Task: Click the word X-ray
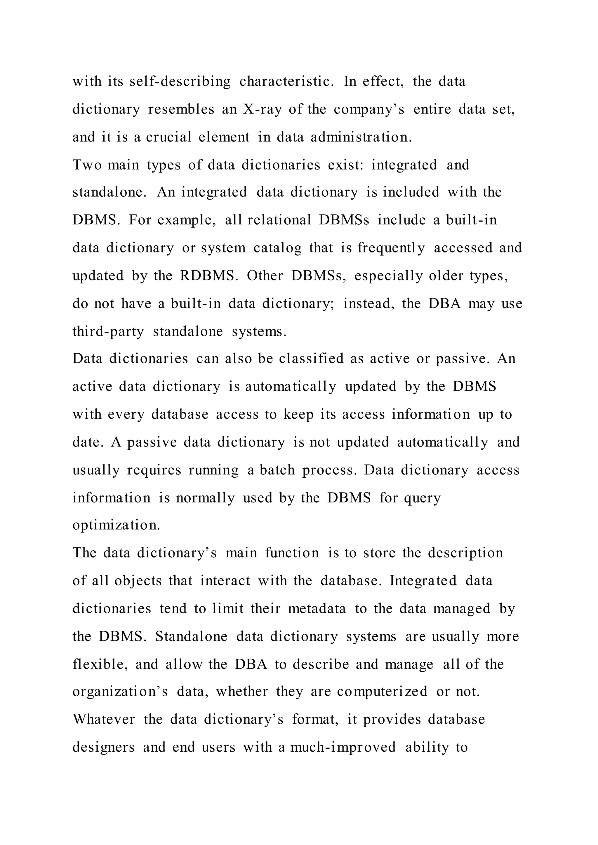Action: pos(262,109)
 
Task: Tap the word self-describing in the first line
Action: pos(180,81)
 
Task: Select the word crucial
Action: pos(169,137)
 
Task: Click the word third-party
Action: pos(108,331)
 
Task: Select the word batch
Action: pos(277,470)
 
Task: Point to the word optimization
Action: pos(117,525)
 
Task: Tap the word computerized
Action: pos(382,692)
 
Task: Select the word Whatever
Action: pos(104,719)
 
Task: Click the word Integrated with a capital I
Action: pos(423,581)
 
